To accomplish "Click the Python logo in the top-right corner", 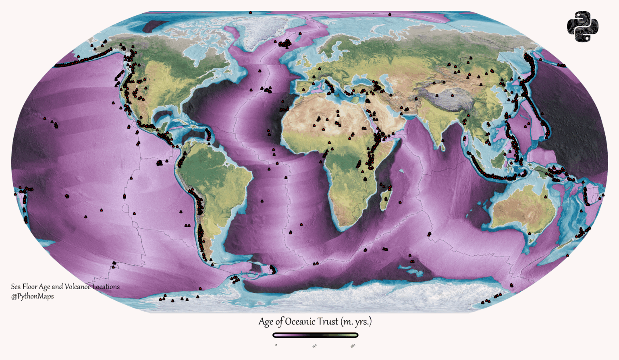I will coord(582,27).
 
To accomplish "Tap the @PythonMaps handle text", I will coord(32,296).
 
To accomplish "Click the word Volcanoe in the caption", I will coord(77,287).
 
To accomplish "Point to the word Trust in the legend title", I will coord(327,322).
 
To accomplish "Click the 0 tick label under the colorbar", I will coord(276,345).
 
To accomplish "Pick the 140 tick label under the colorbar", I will coord(315,346).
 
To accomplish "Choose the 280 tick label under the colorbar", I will coord(353,346).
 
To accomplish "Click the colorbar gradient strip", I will coord(315,335).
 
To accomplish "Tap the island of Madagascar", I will coord(386,200).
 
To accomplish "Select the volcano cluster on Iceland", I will coord(285,43).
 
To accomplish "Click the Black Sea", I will coord(365,81).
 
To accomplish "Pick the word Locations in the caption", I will coord(106,287).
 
